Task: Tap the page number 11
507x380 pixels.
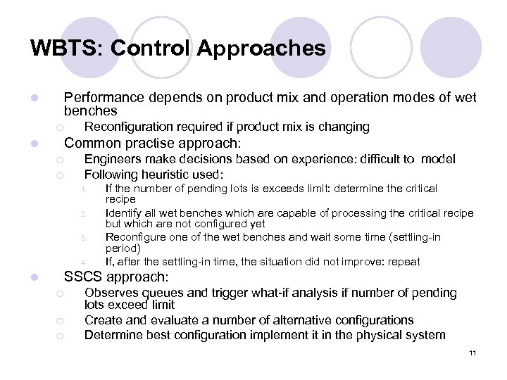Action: [x=472, y=353]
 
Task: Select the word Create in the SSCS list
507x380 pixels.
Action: [x=103, y=320]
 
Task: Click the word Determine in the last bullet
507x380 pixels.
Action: [x=111, y=335]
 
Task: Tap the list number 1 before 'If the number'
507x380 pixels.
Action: [x=82, y=189]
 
